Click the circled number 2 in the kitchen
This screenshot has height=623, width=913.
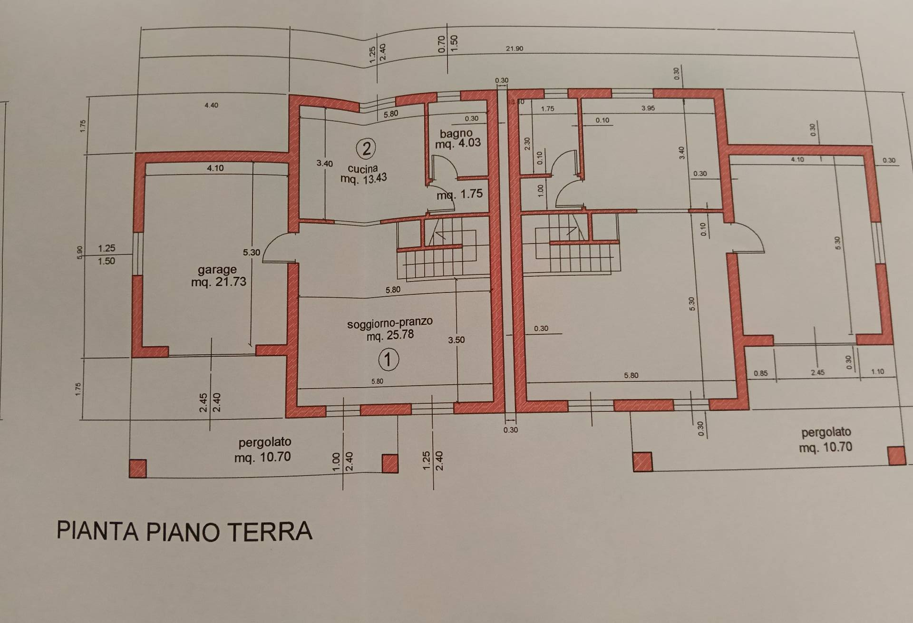click(366, 149)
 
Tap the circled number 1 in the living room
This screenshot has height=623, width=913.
click(388, 359)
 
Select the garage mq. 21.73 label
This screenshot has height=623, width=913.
click(218, 276)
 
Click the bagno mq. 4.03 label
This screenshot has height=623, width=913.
click(457, 138)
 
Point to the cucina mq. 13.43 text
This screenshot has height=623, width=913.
click(363, 174)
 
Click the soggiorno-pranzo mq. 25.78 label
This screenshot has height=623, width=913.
click(390, 329)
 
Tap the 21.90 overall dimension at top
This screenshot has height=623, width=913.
click(515, 49)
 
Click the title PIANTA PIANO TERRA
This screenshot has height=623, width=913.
click(185, 531)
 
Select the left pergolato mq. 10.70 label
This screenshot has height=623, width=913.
click(263, 450)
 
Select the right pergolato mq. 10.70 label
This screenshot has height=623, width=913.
click(826, 439)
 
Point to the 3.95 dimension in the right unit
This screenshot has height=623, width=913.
click(648, 108)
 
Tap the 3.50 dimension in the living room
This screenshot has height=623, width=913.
click(456, 340)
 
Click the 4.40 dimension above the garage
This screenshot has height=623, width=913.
click(211, 105)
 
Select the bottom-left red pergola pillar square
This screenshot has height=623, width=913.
click(138, 468)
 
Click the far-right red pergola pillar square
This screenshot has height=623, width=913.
click(896, 455)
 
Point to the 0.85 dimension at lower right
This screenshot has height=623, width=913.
click(760, 373)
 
